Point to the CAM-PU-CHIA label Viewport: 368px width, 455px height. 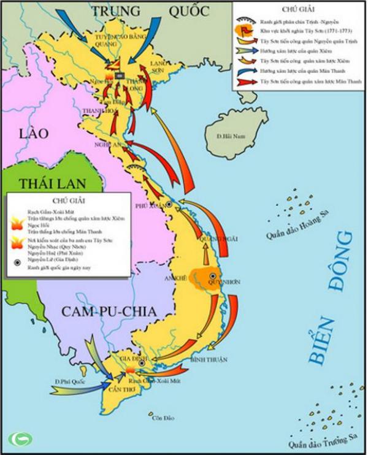pyautogui.click(x=109, y=311)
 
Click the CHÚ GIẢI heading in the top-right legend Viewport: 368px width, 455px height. pyautogui.click(x=295, y=10)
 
